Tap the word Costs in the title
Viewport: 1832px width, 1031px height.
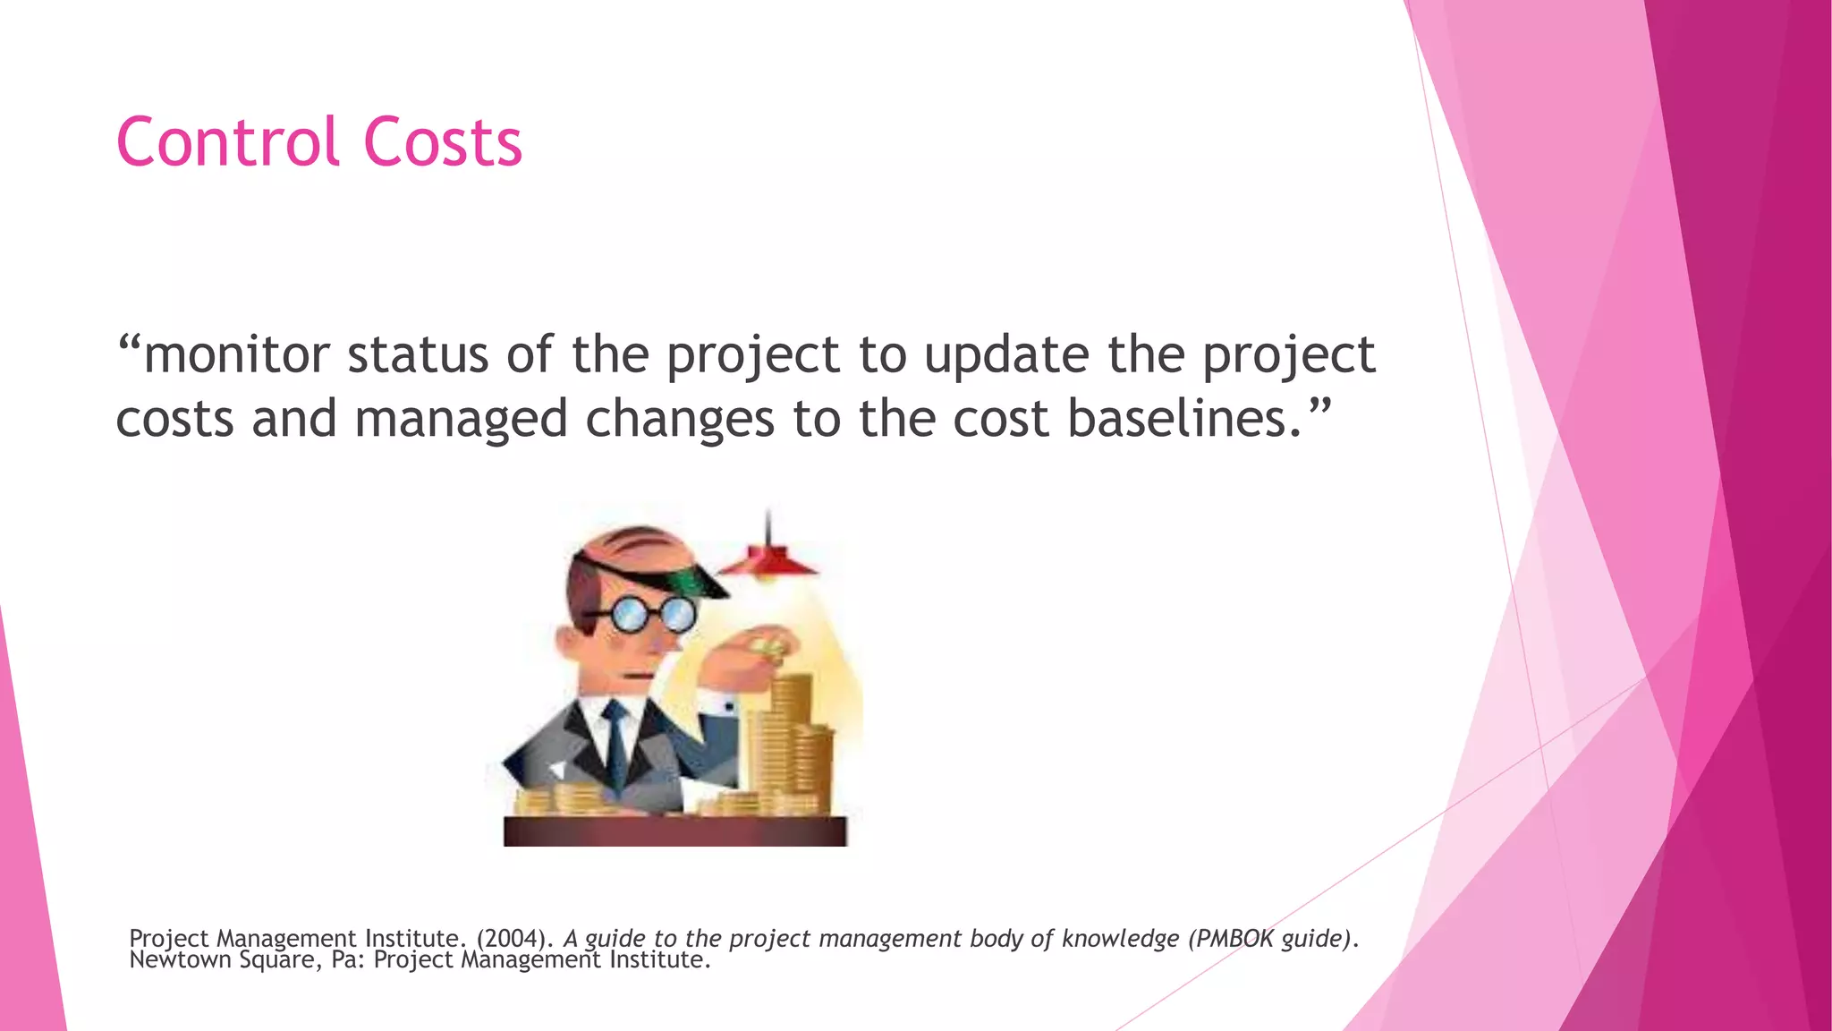[x=442, y=142]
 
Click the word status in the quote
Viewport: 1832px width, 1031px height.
[x=417, y=354]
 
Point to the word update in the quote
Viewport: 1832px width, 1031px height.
[x=1006, y=354]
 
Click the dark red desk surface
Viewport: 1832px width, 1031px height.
[x=674, y=831]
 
